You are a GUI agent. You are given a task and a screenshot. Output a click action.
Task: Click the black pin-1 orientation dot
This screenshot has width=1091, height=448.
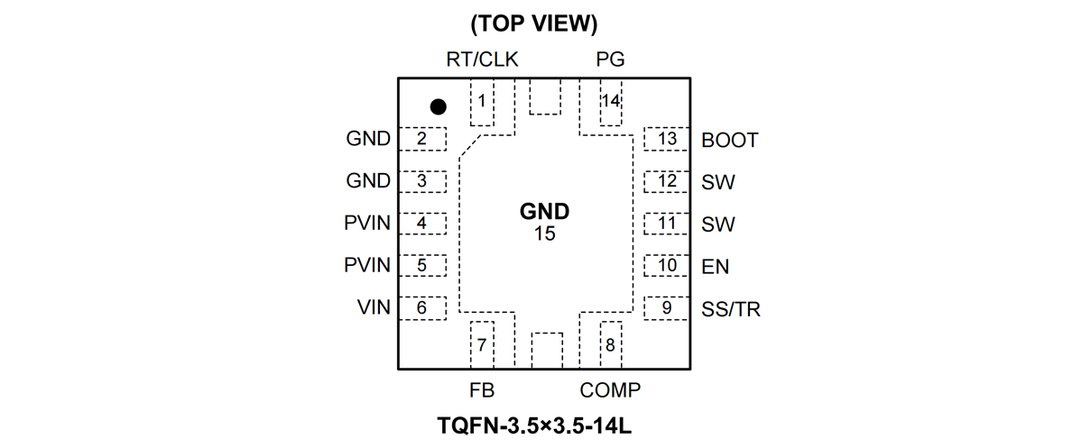[x=438, y=106]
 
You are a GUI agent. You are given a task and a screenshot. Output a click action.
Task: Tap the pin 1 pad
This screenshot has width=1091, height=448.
[x=483, y=101]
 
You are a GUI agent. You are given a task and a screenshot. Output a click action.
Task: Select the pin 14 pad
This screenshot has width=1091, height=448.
[x=611, y=101]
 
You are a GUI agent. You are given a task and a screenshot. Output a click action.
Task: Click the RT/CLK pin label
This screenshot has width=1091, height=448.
[x=482, y=60]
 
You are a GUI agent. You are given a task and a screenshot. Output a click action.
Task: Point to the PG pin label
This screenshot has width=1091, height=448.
[x=610, y=60]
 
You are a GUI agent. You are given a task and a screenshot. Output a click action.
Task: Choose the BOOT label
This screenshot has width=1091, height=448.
[x=729, y=140]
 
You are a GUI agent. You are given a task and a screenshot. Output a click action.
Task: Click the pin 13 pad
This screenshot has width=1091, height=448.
[x=667, y=139]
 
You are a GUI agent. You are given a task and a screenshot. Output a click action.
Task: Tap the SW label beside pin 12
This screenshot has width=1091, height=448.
[x=717, y=182]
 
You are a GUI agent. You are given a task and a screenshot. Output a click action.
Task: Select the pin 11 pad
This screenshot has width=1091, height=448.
[x=667, y=224]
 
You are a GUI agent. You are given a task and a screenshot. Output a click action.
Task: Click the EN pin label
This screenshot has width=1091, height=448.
[x=715, y=267]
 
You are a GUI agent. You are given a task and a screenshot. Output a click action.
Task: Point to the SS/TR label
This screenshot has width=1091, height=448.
[x=730, y=309]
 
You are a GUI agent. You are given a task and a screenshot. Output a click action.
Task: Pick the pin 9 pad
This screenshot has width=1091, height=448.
[x=667, y=308]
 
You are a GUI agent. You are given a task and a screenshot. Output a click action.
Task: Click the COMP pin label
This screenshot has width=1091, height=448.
[x=610, y=390]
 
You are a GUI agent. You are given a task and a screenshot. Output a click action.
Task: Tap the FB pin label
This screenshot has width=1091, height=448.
[x=482, y=390]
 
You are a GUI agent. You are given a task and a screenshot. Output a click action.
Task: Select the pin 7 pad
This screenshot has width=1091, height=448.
[x=483, y=344]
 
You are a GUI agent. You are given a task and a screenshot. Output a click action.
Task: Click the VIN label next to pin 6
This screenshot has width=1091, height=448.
[x=373, y=307]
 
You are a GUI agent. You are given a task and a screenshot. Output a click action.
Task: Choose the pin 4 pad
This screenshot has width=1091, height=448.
[x=422, y=224]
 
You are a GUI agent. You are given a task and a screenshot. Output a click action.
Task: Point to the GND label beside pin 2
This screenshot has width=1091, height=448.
[x=368, y=139]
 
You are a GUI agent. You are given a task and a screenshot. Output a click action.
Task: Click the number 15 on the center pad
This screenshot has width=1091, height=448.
[x=544, y=233]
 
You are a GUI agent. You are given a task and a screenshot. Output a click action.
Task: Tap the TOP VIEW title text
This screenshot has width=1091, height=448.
[x=534, y=24]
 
